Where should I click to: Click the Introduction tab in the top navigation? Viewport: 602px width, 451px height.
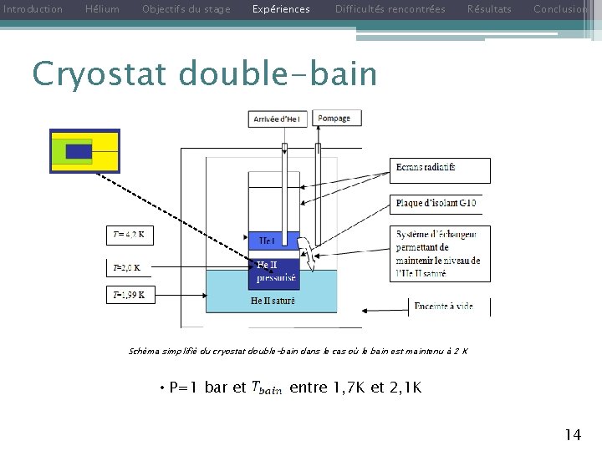[33, 9]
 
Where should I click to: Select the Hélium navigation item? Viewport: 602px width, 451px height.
[103, 9]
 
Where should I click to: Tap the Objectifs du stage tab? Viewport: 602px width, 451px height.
[186, 9]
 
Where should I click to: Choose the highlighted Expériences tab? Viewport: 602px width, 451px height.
[281, 9]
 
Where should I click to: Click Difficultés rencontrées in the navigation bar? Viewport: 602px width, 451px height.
[390, 9]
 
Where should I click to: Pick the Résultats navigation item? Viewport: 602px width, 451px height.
[489, 9]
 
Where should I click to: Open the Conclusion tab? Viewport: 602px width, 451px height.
[560, 9]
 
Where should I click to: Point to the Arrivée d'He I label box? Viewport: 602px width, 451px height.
[279, 119]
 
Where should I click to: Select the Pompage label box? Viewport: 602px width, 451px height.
[334, 119]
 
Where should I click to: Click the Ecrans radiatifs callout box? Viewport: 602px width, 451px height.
[440, 170]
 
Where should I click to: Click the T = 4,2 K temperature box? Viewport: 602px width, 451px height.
[130, 236]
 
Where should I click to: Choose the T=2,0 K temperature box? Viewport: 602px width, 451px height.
[127, 268]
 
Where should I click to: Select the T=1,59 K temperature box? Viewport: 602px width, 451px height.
[130, 295]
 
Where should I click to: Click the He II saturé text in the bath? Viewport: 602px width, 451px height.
[273, 301]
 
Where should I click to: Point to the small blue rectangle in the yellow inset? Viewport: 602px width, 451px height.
[79, 151]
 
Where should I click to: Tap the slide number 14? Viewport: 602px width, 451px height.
[573, 434]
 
